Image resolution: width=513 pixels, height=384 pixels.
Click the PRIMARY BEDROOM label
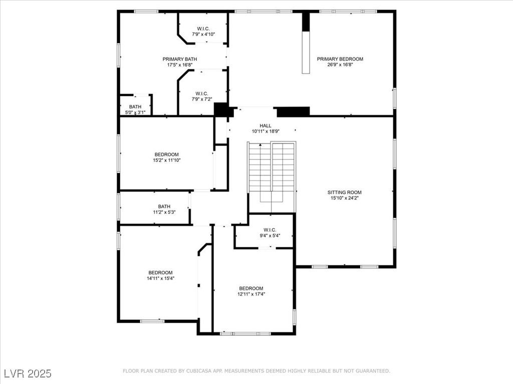coord(340,59)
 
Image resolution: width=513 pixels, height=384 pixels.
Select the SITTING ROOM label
coord(344,192)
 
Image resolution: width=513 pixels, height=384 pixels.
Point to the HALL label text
coord(266,125)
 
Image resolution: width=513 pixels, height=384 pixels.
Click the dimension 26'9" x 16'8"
coord(340,64)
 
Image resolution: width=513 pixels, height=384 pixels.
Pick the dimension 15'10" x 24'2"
coord(344,198)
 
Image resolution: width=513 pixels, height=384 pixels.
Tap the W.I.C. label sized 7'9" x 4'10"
coord(203,29)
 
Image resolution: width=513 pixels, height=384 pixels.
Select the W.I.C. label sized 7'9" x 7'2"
coord(202,93)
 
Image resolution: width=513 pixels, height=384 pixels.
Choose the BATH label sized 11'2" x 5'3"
coord(164,206)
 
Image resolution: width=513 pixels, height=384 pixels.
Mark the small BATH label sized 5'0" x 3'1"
coord(135,107)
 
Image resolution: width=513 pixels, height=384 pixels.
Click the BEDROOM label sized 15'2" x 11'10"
coord(167,154)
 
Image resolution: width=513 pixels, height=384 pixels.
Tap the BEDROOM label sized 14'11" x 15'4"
coord(160,272)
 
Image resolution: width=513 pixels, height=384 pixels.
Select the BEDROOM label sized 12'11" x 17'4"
coord(251,288)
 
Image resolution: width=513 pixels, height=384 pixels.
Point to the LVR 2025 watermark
coord(28,373)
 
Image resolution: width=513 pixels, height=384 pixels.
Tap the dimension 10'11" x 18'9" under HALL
coord(266,131)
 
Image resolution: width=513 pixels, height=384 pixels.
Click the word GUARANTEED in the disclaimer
coord(373,371)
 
